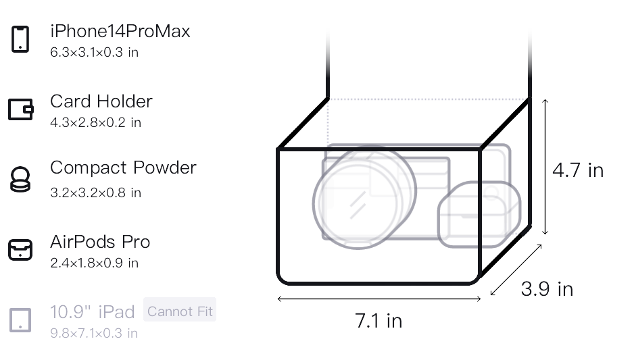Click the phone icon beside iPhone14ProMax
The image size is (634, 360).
click(x=20, y=39)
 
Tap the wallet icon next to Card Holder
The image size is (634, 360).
click(x=21, y=109)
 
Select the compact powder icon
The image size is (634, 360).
click(x=20, y=180)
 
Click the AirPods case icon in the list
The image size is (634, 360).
click(x=20, y=250)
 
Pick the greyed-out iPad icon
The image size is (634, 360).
click(x=20, y=320)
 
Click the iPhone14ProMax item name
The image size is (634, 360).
click(x=120, y=31)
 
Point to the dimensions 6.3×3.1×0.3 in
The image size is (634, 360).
click(x=94, y=52)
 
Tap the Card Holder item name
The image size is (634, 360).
click(x=101, y=101)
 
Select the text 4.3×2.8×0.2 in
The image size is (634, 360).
click(x=95, y=122)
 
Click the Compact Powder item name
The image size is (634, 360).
click(x=123, y=168)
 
